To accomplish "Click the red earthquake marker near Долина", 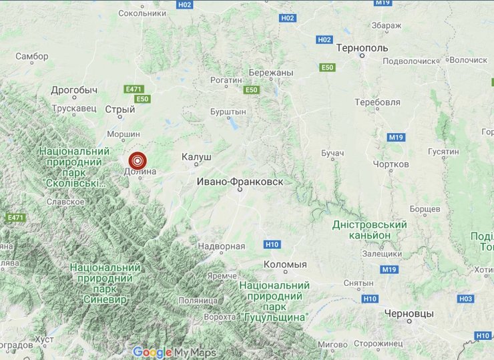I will [138, 160].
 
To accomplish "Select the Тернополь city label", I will [362, 49].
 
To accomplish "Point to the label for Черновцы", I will [409, 313].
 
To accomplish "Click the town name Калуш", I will [196, 156].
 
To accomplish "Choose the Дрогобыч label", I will [74, 89].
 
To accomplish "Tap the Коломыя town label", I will [285, 264].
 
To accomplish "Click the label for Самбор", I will [31, 56].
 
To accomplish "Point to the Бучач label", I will [332, 154].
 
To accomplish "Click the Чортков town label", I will [391, 164].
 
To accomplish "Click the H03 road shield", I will [466, 299].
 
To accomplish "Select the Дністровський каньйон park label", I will [370, 230].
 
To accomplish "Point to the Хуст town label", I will [45, 340].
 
